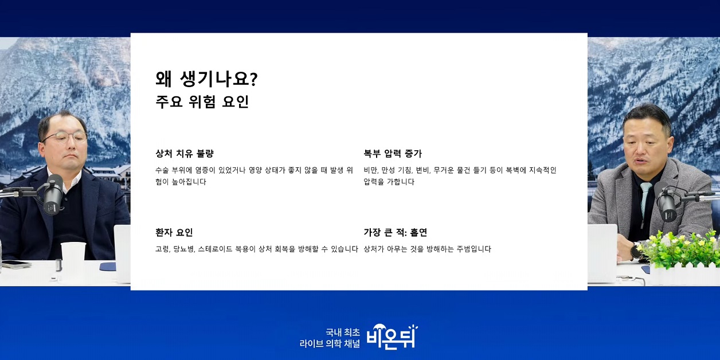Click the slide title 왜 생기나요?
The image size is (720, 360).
[x=206, y=79]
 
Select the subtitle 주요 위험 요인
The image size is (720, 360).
[x=202, y=102]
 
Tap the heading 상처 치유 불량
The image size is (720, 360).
[x=185, y=154]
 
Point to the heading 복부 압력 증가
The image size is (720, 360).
[x=393, y=154]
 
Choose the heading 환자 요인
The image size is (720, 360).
[x=174, y=232]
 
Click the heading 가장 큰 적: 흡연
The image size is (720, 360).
[x=396, y=232]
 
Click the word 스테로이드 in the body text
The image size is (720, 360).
[x=211, y=249]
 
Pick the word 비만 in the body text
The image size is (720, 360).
[x=370, y=170]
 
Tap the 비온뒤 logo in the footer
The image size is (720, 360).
[x=392, y=336]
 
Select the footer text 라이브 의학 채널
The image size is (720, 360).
[x=330, y=344]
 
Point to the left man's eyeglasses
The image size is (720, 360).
[x=64, y=138]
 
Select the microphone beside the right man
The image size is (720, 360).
[x=666, y=201]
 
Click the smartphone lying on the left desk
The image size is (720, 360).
[x=16, y=264]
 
